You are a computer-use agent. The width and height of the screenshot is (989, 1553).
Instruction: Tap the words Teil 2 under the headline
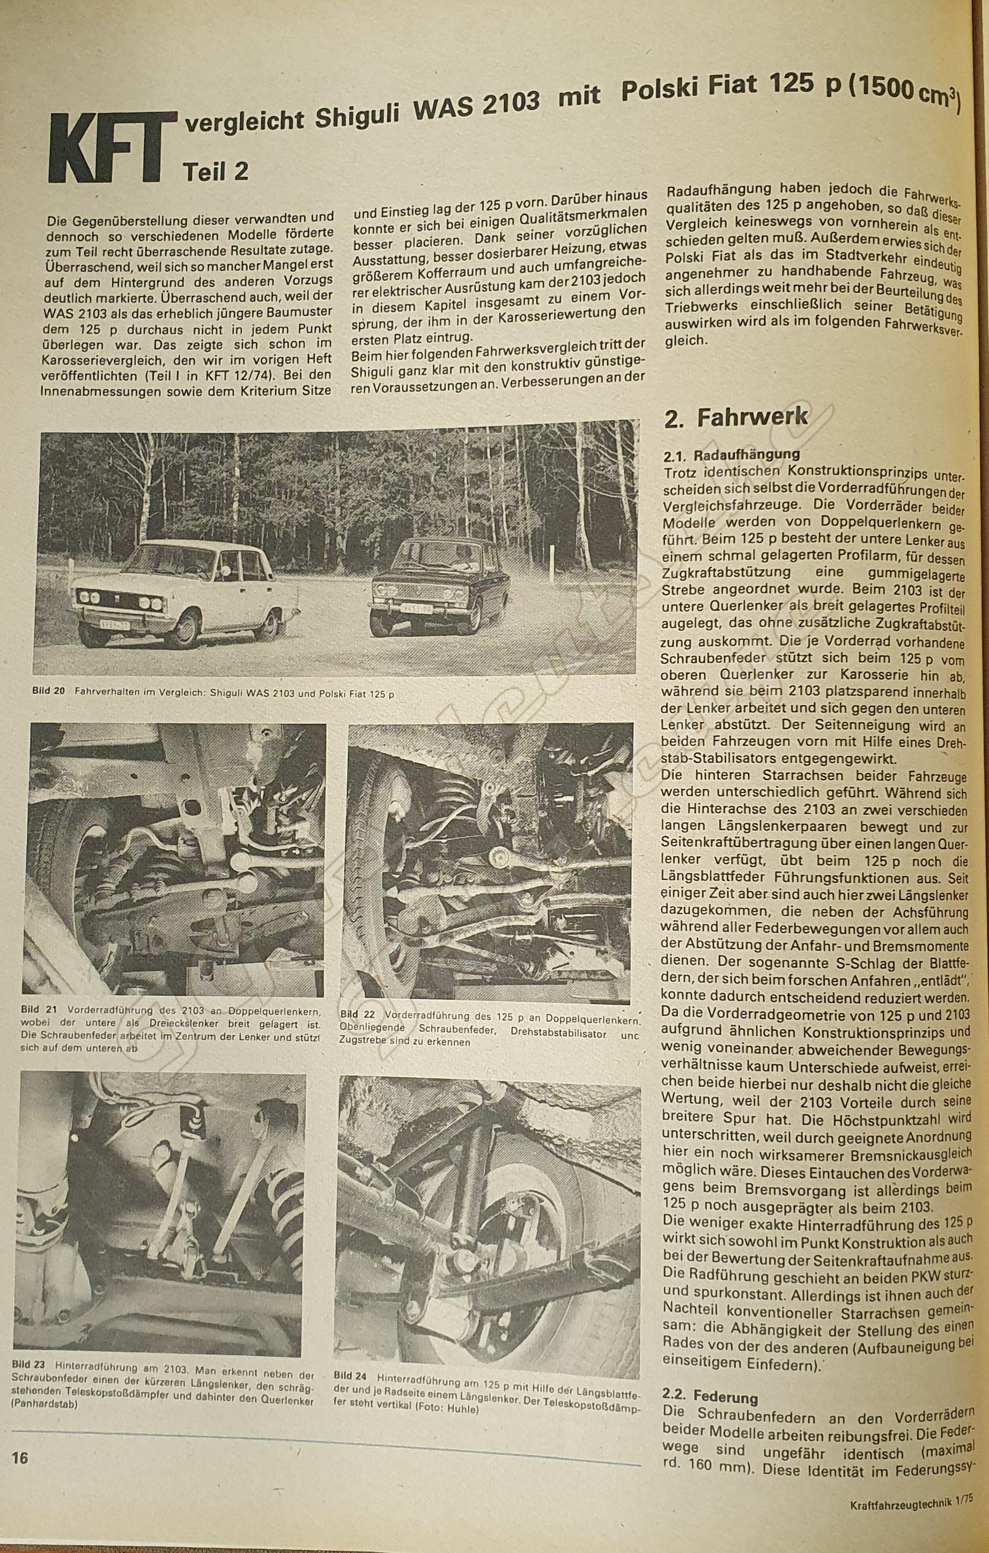click(216, 172)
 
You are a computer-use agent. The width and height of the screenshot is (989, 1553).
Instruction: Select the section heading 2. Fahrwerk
click(735, 417)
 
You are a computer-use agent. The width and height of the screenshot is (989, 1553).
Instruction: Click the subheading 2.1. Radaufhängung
click(732, 455)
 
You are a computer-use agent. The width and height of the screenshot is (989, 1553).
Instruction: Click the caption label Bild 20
click(48, 691)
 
